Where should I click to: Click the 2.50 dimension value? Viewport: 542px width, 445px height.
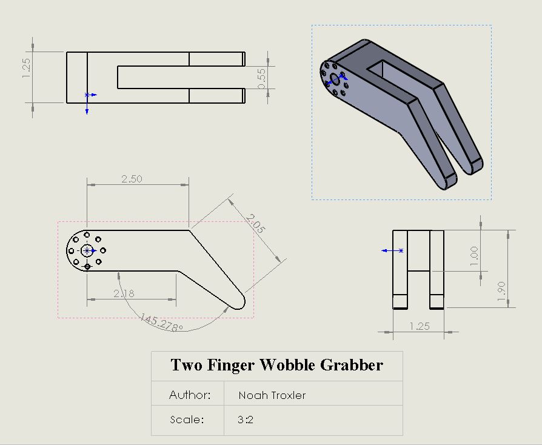(x=132, y=179)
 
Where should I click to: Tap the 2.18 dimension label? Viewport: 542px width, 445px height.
(x=124, y=293)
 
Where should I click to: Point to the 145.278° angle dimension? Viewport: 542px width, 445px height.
(x=161, y=323)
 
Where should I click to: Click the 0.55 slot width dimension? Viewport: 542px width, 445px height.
(x=262, y=78)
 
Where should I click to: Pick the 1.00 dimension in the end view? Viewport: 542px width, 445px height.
(x=474, y=252)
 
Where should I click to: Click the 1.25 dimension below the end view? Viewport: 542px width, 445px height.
(x=419, y=326)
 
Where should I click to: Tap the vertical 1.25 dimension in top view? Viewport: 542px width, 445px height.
(x=25, y=67)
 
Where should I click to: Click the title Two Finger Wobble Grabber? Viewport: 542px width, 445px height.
(x=276, y=365)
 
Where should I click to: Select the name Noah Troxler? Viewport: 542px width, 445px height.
(x=272, y=395)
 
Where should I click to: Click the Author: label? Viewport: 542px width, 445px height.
(x=190, y=395)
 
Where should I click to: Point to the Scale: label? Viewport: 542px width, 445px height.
(x=187, y=420)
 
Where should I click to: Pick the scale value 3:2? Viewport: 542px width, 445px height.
(x=246, y=420)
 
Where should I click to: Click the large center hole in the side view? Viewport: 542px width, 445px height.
(x=87, y=250)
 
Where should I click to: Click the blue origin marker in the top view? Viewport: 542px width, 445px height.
(x=87, y=95)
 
